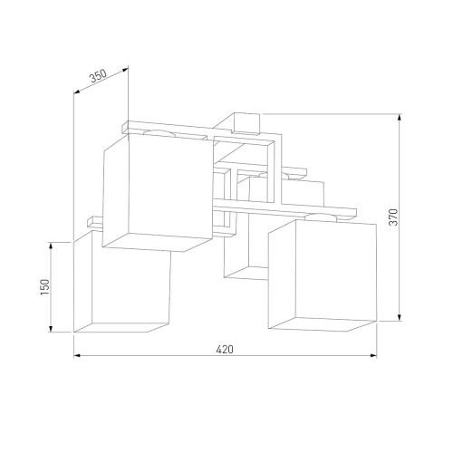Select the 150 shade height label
click(44, 287)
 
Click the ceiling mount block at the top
click(246, 121)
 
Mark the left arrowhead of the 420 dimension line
click(76, 355)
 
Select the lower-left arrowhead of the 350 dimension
click(76, 92)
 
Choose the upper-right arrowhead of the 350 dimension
click(126, 67)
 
